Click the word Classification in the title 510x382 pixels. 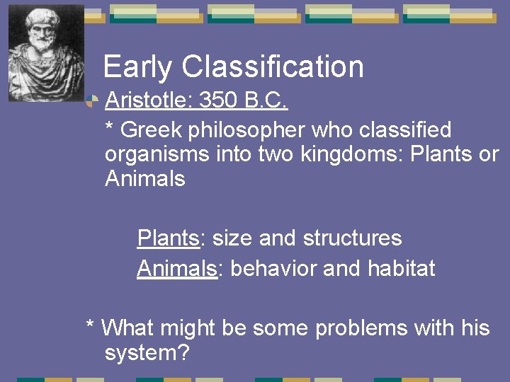pos(273,67)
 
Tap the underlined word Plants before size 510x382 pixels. pos(169,238)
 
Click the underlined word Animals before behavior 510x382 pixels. pos(176,269)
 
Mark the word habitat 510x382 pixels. pos(402,269)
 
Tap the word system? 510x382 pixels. pos(147,353)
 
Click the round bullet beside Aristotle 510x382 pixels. pos(90,102)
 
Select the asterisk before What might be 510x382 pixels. pos(90,327)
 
